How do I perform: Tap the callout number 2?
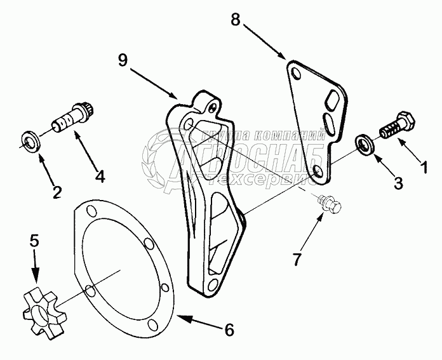click(x=57, y=190)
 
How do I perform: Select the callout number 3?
click(x=398, y=183)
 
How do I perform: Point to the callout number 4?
click(x=100, y=177)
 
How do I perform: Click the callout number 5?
click(x=34, y=240)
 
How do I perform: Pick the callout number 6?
click(x=229, y=330)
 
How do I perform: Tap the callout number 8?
click(x=236, y=20)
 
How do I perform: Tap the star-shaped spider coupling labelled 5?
click(x=39, y=305)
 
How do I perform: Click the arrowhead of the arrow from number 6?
click(x=178, y=313)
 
